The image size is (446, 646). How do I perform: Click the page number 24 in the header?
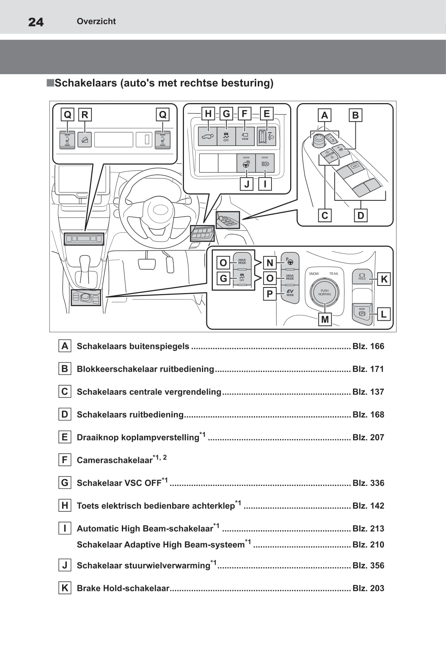tap(36, 22)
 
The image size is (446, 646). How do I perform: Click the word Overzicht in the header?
tap(96, 21)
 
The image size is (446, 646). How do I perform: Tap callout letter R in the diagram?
tap(85, 115)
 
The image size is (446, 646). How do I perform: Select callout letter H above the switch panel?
tap(208, 114)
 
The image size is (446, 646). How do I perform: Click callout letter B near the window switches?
tap(355, 115)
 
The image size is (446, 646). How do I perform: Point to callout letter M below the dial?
tap(325, 319)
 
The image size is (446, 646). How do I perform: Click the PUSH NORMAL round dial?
tap(325, 292)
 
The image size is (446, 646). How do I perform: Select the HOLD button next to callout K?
tap(362, 276)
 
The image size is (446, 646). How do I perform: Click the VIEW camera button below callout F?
tap(245, 136)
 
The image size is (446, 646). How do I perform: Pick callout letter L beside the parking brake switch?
tap(384, 314)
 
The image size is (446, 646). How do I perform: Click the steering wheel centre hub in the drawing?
tap(160, 211)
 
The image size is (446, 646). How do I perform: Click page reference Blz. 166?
tap(368, 346)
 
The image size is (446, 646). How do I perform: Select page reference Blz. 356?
tap(368, 565)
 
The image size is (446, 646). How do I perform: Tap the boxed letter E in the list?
tap(65, 437)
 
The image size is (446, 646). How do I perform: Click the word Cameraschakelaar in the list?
tap(114, 460)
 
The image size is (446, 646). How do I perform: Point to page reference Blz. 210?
tap(368, 544)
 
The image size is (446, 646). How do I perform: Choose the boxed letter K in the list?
tap(65, 588)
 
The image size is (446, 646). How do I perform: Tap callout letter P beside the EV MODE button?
tap(269, 294)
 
